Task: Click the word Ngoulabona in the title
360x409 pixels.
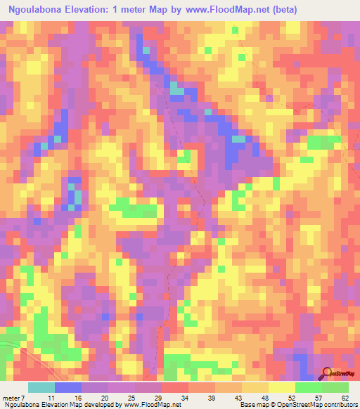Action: click(37, 9)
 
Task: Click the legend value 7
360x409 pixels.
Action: click(22, 397)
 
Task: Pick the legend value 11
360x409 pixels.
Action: click(41, 397)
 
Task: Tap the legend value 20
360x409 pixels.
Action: click(94, 397)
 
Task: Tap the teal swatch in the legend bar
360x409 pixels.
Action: click(41, 387)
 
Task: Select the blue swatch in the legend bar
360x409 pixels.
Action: click(68, 387)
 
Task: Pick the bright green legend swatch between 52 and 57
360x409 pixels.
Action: click(307, 387)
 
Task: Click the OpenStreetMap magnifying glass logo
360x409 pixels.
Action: click(326, 372)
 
